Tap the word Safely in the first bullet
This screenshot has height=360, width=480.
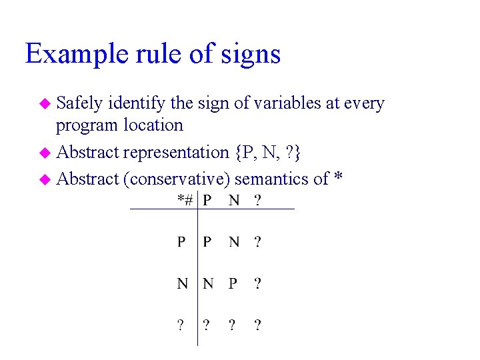coord(79,103)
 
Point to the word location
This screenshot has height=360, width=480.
coord(153,125)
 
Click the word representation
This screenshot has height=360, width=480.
coord(176,152)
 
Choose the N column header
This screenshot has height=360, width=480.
coord(233,199)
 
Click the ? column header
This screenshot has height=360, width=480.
coord(257,199)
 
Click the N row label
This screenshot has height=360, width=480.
coord(182,283)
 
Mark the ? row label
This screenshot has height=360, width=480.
coord(181,325)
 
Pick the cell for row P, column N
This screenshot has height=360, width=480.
coord(233,241)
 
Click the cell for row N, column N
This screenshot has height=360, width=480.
coord(207,283)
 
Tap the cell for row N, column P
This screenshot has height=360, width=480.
coord(233,283)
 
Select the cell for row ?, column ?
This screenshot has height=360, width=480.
coord(257,325)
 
